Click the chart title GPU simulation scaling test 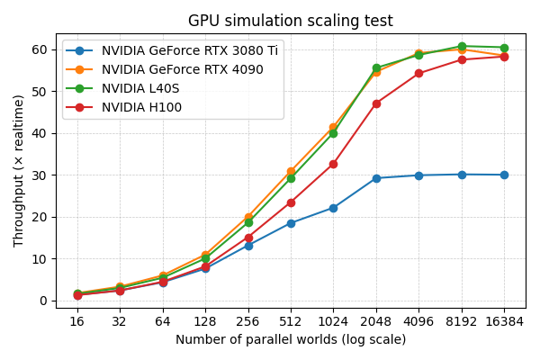(x=290, y=21)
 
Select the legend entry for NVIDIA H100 (x=141, y=107)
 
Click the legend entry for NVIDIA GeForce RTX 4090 (x=182, y=69)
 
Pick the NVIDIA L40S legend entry (x=141, y=88)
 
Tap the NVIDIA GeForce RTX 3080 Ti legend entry (x=189, y=50)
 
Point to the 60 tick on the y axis (x=41, y=49)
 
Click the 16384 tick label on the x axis (x=504, y=321)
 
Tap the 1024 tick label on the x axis (x=333, y=321)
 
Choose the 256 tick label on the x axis (x=248, y=321)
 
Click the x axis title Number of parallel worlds (x=290, y=340)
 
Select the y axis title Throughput (x=19, y=171)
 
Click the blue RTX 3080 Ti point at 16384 (x=504, y=175)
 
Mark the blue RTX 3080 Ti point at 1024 (x=333, y=208)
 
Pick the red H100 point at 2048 (x=376, y=103)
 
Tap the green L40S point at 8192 (x=462, y=46)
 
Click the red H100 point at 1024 (x=333, y=164)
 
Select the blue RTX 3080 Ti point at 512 (x=291, y=223)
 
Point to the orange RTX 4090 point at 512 (x=291, y=171)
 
